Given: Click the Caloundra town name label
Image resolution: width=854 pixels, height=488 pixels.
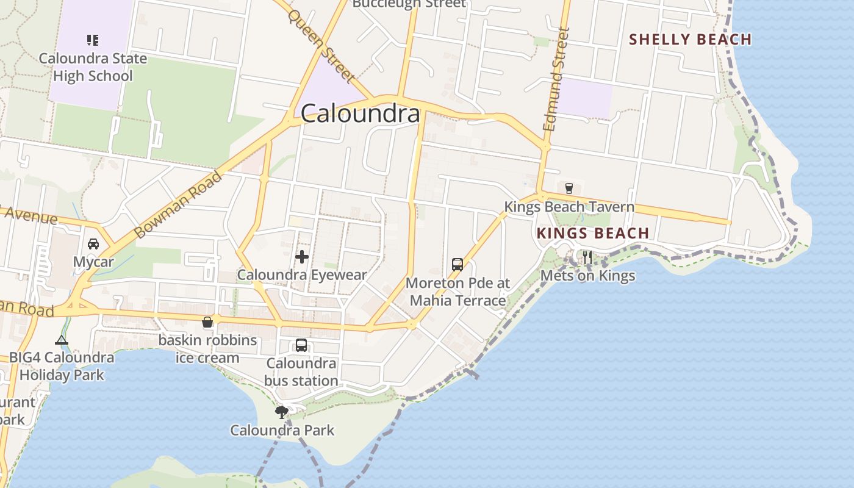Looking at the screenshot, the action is click(361, 113).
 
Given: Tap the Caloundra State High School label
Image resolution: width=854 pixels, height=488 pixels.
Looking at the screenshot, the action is click(93, 67).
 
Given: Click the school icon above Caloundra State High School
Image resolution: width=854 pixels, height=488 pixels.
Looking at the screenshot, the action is click(93, 40).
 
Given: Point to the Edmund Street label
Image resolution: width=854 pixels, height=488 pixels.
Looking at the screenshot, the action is click(556, 79).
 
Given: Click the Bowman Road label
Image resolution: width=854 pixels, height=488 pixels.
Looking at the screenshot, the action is click(178, 204).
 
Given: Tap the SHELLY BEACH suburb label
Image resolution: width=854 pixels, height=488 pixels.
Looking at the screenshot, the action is click(690, 40).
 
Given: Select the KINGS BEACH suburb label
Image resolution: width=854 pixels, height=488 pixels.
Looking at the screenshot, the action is click(593, 233).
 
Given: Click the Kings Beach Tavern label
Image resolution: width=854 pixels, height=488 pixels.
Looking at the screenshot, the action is click(569, 207).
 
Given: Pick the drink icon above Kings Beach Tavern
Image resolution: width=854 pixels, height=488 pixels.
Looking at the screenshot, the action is click(569, 188).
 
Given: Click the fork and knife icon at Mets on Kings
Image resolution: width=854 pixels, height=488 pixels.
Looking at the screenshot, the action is click(587, 257).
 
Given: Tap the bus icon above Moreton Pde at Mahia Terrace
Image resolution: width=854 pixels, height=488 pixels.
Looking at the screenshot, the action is click(457, 264).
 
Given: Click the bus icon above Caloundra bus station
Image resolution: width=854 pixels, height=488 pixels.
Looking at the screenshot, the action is click(301, 345).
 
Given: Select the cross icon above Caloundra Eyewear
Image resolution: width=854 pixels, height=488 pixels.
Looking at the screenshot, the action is click(301, 257).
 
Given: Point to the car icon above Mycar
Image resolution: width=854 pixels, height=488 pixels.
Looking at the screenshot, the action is click(93, 244).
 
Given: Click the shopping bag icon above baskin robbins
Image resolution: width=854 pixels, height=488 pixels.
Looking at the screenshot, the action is click(207, 321).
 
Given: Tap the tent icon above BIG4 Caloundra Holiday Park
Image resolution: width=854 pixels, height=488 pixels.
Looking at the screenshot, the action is click(62, 340).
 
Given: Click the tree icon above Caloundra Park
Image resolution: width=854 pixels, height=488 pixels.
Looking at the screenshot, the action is click(281, 412).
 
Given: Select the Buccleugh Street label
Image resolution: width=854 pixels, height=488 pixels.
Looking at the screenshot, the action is click(409, 4).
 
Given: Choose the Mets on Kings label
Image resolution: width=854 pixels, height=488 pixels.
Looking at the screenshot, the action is click(588, 276).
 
